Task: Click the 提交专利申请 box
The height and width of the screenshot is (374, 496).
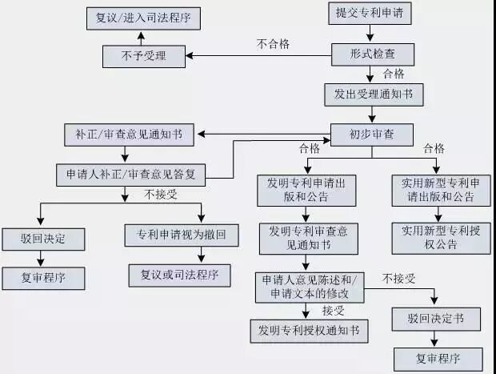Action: [369, 14]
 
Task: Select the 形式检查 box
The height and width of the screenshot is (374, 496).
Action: [373, 54]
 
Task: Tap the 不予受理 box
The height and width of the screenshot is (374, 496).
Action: [144, 56]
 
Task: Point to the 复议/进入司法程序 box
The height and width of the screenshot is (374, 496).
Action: [142, 17]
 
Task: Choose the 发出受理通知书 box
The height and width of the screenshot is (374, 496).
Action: [373, 93]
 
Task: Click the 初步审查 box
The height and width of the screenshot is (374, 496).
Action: [373, 134]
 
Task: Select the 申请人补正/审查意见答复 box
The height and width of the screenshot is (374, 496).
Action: [130, 174]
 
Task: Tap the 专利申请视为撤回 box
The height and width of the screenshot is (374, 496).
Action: [182, 235]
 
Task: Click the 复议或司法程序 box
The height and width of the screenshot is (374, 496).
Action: [179, 275]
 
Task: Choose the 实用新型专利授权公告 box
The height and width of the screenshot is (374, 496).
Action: [442, 238]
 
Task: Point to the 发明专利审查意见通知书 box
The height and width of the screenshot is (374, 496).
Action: [308, 238]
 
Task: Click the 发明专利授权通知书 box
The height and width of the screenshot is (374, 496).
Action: [308, 329]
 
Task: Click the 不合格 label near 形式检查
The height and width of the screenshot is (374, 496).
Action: [272, 43]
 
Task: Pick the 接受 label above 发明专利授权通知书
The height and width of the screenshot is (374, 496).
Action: [333, 310]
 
